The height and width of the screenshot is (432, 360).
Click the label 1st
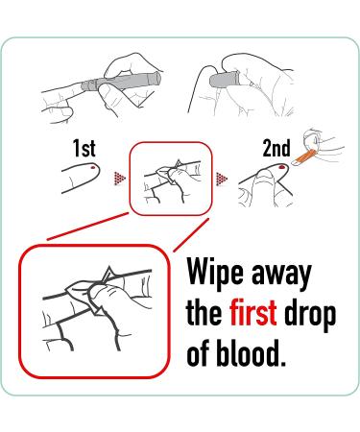(84, 148)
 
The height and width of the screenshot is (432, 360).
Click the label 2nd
(276, 148)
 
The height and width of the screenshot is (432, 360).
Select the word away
(281, 276)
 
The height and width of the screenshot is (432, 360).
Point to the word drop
(310, 315)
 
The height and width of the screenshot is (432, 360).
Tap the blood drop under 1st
(93, 167)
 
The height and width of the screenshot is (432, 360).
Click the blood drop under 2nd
(283, 166)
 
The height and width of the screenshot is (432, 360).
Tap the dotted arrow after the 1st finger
(120, 179)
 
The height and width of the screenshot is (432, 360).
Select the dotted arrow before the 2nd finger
(222, 179)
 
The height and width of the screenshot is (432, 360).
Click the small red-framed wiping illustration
(171, 179)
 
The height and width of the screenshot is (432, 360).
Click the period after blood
(281, 362)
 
